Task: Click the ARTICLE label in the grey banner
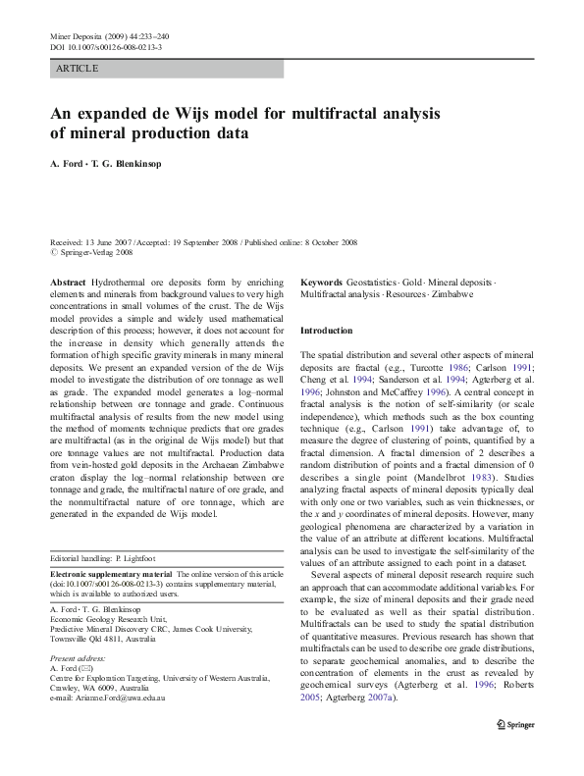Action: [x=78, y=69]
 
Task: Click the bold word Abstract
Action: [x=68, y=281]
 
